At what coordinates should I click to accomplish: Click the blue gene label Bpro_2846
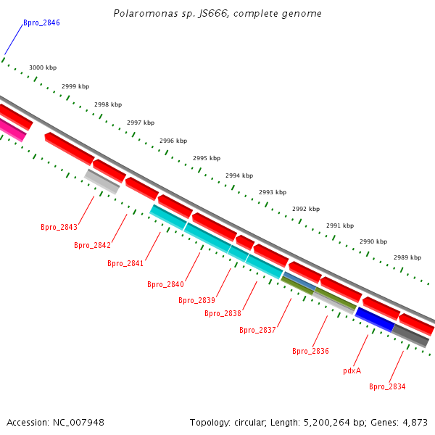(41, 23)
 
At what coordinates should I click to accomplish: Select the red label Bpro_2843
(59, 228)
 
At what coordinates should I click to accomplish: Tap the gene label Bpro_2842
(92, 246)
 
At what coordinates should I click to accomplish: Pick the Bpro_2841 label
(125, 264)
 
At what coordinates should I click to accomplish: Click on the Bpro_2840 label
(165, 285)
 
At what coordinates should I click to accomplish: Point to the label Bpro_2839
(196, 301)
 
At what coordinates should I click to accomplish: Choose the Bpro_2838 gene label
(223, 314)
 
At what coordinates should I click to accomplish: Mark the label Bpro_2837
(257, 331)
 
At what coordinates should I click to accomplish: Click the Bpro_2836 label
(310, 352)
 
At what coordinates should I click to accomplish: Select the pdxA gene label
(352, 371)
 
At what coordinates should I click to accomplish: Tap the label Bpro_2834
(387, 387)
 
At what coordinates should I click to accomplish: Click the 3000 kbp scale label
(43, 68)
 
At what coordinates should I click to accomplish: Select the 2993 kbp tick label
(273, 193)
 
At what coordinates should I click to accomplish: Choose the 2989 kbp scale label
(407, 258)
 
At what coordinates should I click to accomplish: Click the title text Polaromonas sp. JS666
(217, 14)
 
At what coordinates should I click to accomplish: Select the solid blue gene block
(374, 319)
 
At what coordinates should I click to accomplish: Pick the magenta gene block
(12, 130)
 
